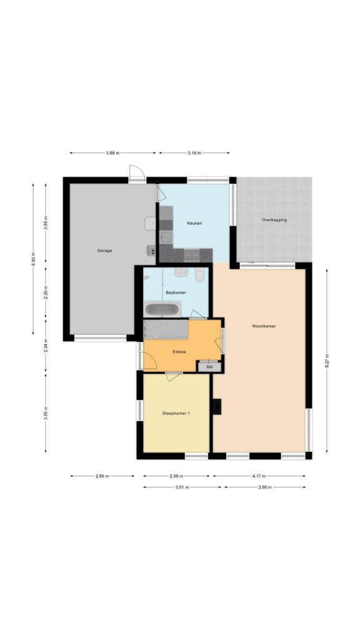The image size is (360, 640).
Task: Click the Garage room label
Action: [x=104, y=251]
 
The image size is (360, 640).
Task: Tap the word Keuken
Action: [x=194, y=223]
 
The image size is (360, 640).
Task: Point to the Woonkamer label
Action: [x=264, y=326]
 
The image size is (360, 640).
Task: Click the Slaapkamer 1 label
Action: [x=176, y=414]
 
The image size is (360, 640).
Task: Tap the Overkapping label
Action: [x=274, y=220]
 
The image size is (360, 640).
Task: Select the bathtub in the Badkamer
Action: [x=162, y=309]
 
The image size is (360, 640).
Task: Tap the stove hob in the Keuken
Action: [x=191, y=254]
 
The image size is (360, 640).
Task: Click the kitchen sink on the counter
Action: [x=166, y=236]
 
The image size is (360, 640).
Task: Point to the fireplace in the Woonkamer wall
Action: [x=217, y=406]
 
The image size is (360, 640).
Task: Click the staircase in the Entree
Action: [x=166, y=329]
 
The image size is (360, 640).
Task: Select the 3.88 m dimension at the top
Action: [x=112, y=152]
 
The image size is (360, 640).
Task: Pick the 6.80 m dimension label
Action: [x=34, y=258]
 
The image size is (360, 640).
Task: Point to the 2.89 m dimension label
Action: [x=102, y=476]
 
